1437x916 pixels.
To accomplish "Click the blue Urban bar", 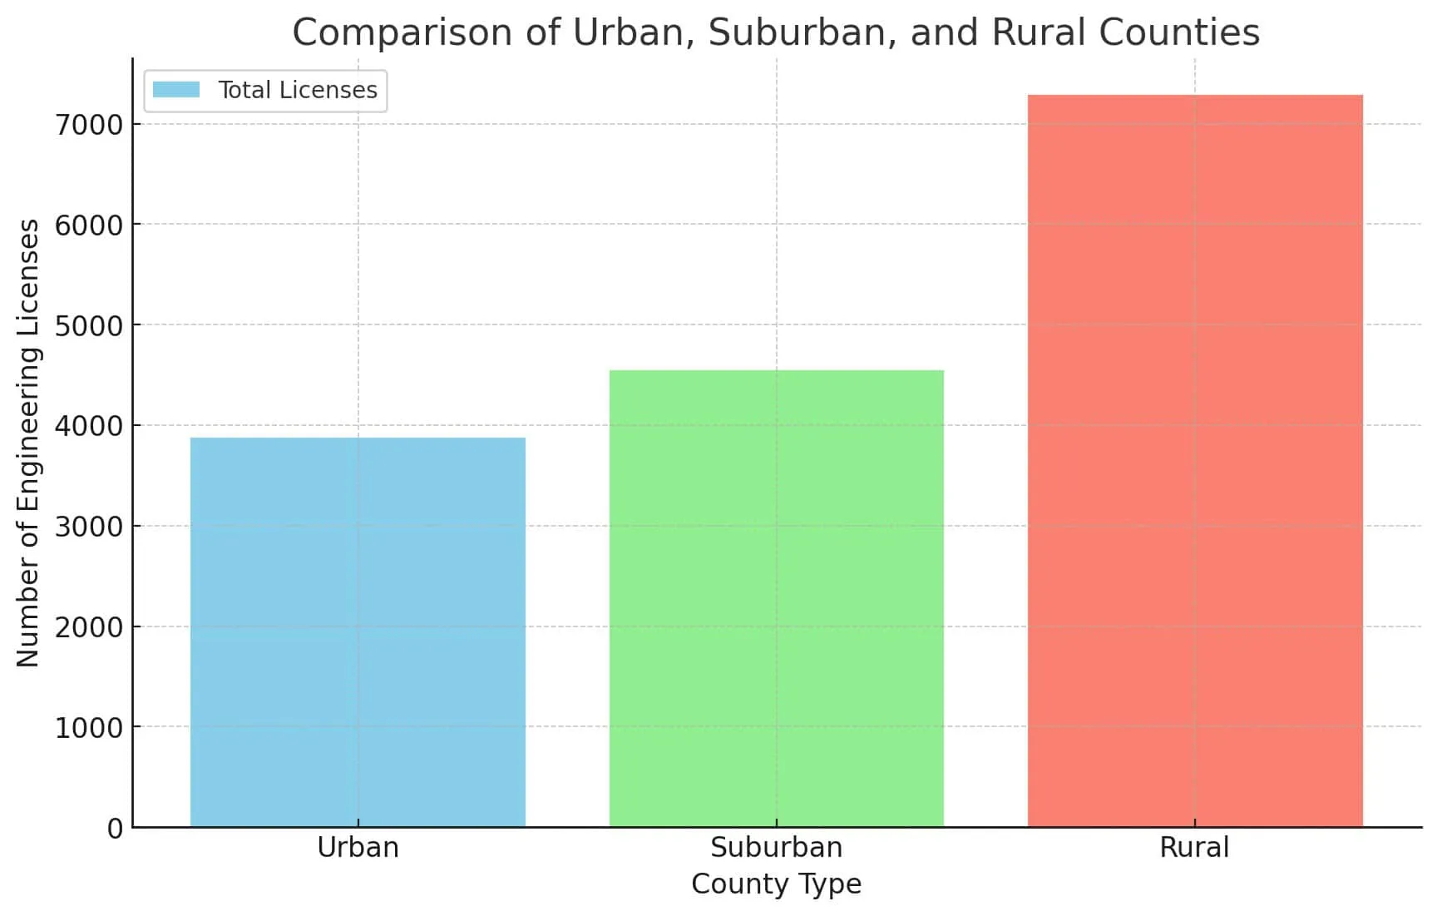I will point(358,632).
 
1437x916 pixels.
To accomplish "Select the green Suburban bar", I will point(776,599).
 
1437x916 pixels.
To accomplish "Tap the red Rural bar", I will point(1195,461).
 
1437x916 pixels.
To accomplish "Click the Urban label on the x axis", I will point(358,848).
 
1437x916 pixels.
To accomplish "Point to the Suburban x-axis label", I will point(776,848).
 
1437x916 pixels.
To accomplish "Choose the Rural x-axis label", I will point(1194,848).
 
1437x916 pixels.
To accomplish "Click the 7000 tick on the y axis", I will point(88,125).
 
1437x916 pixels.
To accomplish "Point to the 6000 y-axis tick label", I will point(88,225).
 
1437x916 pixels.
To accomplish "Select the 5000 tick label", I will point(88,326).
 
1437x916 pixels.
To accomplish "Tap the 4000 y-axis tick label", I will point(88,426).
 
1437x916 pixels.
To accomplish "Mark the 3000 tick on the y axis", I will point(88,527).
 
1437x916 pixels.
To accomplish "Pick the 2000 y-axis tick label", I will point(88,627).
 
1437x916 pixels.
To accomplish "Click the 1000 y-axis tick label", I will point(88,728).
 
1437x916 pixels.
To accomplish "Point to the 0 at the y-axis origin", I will point(115,829).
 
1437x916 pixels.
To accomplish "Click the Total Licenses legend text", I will point(297,90).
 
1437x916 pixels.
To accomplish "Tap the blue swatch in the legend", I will point(176,90).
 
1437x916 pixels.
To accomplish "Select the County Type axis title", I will point(776,884).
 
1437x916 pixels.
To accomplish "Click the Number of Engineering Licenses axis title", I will point(28,443).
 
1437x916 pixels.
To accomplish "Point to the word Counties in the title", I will point(1179,32).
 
